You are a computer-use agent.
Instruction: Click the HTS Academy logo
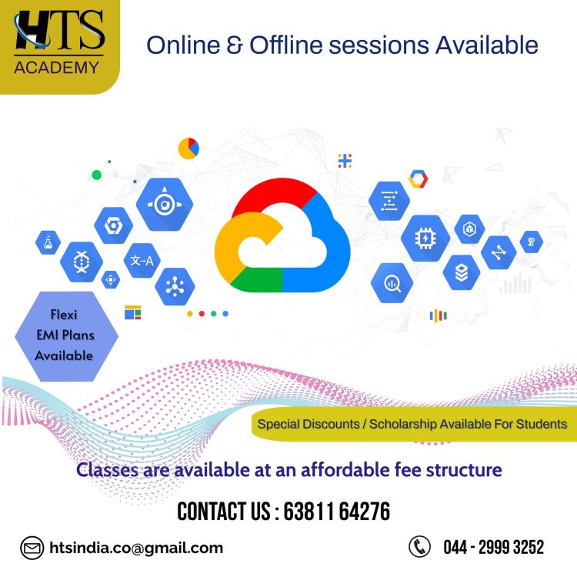(x=59, y=42)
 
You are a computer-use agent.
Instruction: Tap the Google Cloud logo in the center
(x=282, y=235)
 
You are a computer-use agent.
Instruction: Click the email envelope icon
(x=32, y=548)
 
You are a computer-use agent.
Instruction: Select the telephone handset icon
(x=419, y=546)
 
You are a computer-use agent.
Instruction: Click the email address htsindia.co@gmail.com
(x=136, y=548)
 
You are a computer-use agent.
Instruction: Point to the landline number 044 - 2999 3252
(x=493, y=547)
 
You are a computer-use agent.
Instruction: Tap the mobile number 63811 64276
(x=337, y=511)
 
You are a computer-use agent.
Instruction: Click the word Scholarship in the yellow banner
(x=403, y=424)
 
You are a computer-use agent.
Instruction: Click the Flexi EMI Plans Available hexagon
(x=66, y=336)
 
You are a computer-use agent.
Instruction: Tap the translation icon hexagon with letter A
(x=142, y=261)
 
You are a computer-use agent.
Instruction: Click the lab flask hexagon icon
(x=48, y=242)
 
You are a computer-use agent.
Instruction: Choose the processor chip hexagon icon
(x=425, y=238)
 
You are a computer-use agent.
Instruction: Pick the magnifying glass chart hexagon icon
(x=392, y=283)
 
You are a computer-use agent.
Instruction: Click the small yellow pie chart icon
(x=188, y=148)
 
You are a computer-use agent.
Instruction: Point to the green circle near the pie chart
(x=97, y=175)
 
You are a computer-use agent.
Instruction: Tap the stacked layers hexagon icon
(x=462, y=272)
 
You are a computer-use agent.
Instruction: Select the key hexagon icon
(x=532, y=242)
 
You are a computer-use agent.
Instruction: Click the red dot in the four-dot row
(x=202, y=314)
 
